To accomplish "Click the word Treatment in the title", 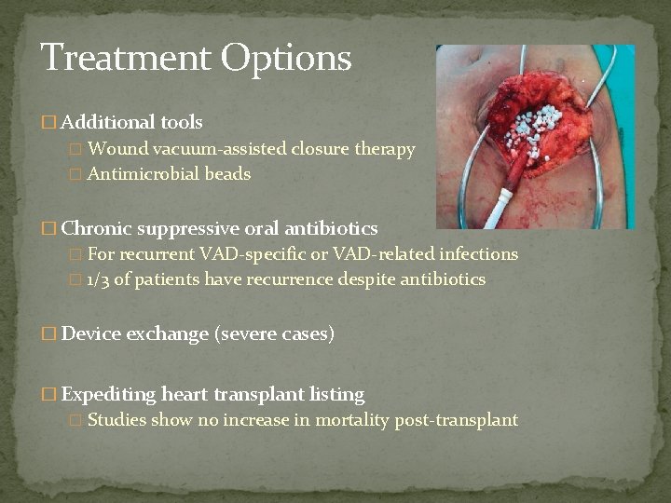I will [x=127, y=58].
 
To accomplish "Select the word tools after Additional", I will [x=181, y=122].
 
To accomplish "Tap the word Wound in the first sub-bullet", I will [x=116, y=149].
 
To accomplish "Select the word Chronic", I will [x=99, y=228].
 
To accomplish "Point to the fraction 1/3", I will [x=97, y=279].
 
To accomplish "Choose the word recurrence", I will [x=288, y=279].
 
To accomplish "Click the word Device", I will [x=92, y=334].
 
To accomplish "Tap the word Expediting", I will [x=108, y=394].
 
